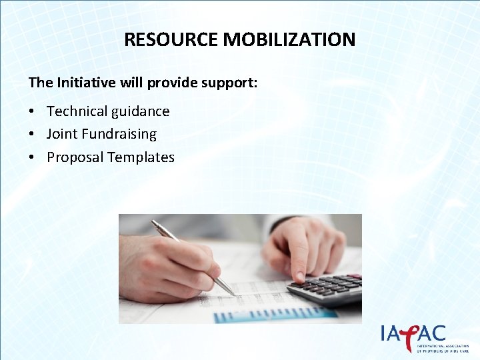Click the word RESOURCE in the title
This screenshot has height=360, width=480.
coord(171,39)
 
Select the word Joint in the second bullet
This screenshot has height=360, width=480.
coord(62,134)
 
